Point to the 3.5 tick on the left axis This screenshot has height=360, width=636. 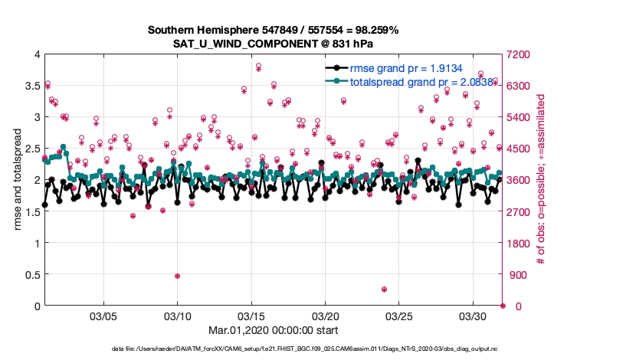coord(31,86)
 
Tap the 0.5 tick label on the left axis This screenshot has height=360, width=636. coord(31,274)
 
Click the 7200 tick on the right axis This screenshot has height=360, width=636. coord(519,54)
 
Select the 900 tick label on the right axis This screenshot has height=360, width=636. coord(516,274)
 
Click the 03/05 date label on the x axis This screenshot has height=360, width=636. coord(103,316)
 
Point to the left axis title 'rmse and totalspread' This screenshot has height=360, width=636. coord(18,180)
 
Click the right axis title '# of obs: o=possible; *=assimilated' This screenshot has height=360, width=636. coord(541,180)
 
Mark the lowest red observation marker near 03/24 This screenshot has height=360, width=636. coord(384,290)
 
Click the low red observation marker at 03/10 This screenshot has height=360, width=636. coord(177,276)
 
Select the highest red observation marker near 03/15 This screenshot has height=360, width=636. coord(258,66)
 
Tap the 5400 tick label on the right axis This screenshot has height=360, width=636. coord(519,117)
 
